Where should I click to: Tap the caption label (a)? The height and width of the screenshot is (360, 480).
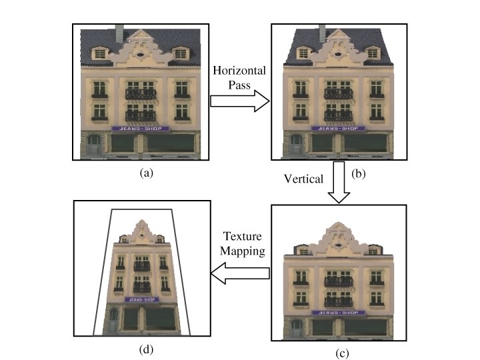pos(147,172)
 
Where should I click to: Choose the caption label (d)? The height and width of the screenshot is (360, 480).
pos(141,347)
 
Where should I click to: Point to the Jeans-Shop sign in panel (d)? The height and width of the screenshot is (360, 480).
pos(141,299)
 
